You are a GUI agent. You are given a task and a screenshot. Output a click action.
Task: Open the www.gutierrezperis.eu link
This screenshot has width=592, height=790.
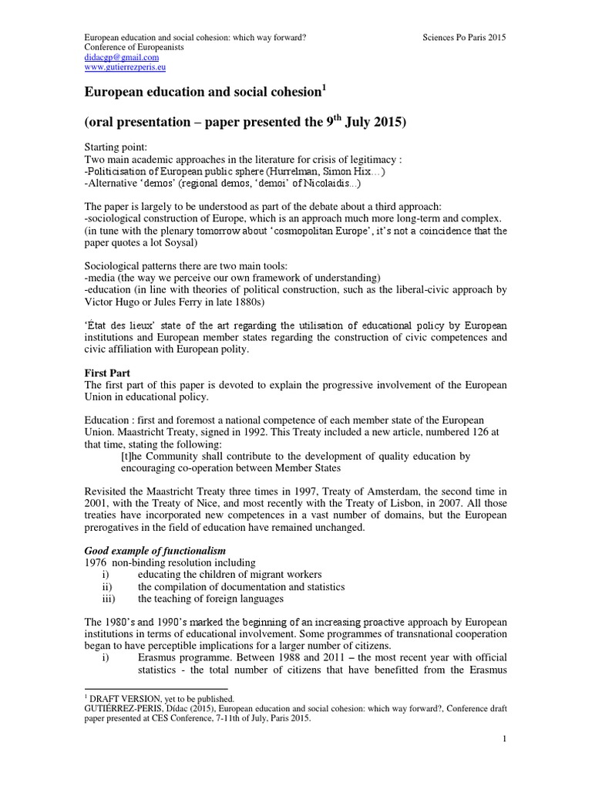pos(125,68)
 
